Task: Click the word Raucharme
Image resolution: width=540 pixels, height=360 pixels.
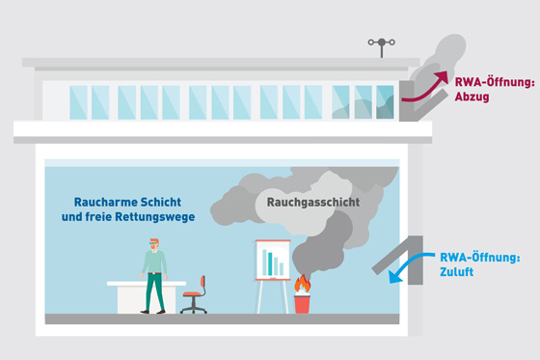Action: [107, 202]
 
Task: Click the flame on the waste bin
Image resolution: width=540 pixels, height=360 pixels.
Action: [303, 285]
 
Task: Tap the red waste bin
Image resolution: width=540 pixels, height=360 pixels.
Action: [303, 303]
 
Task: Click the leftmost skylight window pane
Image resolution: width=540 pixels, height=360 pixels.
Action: [77, 101]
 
